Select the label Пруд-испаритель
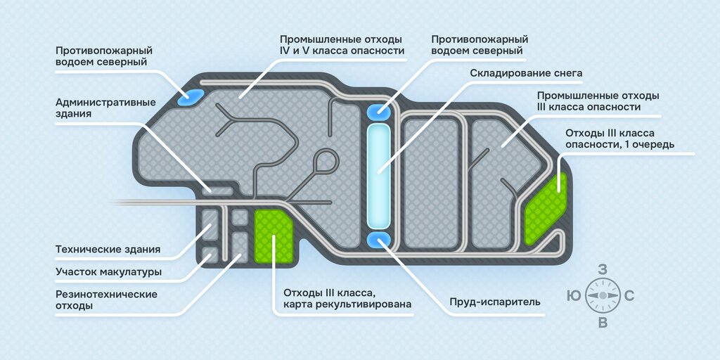[x=494, y=302]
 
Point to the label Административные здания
[x=105, y=108]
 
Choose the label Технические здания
[x=108, y=250]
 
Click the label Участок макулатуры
[x=108, y=271]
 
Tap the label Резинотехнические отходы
[x=106, y=300]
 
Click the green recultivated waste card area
[x=275, y=237]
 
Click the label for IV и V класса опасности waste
[x=342, y=45]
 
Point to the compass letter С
[x=629, y=296]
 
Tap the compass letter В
[x=602, y=323]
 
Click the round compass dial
[x=602, y=296]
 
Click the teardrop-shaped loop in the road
[x=326, y=161]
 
